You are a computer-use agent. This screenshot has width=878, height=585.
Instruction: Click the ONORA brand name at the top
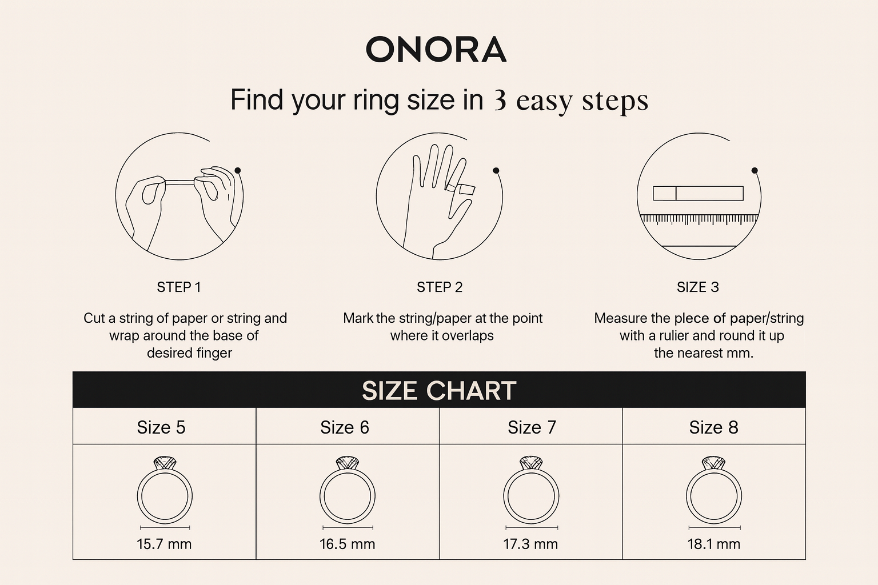pyautogui.click(x=436, y=49)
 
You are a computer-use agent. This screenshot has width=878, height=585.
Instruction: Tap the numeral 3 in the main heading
pyautogui.click(x=500, y=101)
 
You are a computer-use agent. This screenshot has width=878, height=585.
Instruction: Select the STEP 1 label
pyautogui.click(x=179, y=287)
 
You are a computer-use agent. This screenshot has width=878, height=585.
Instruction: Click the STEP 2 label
pyautogui.click(x=440, y=287)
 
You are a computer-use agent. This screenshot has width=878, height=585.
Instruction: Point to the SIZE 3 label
pyautogui.click(x=698, y=287)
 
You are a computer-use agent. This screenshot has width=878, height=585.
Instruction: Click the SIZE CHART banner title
pyautogui.click(x=439, y=391)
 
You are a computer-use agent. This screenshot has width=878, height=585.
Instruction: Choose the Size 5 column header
pyautogui.click(x=161, y=427)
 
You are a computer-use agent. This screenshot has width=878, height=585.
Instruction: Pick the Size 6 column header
pyautogui.click(x=345, y=427)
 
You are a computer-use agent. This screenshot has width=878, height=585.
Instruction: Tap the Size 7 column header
pyautogui.click(x=532, y=427)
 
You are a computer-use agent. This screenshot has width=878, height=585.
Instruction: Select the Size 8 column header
pyautogui.click(x=714, y=427)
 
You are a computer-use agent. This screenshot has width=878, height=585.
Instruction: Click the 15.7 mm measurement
pyautogui.click(x=164, y=544)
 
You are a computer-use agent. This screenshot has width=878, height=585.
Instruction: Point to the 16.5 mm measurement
pyautogui.click(x=348, y=544)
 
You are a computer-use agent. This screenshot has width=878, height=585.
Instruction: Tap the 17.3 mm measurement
pyautogui.click(x=530, y=544)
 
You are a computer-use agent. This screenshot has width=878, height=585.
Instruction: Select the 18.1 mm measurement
pyautogui.click(x=714, y=544)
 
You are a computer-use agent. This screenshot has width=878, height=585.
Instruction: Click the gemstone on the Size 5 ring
pyautogui.click(x=165, y=462)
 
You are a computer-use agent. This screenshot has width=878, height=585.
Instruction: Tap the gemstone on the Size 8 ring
pyautogui.click(x=713, y=462)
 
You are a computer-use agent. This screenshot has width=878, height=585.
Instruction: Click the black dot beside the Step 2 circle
pyautogui.click(x=496, y=170)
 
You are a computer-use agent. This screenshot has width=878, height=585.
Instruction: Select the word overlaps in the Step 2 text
pyautogui.click(x=468, y=336)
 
